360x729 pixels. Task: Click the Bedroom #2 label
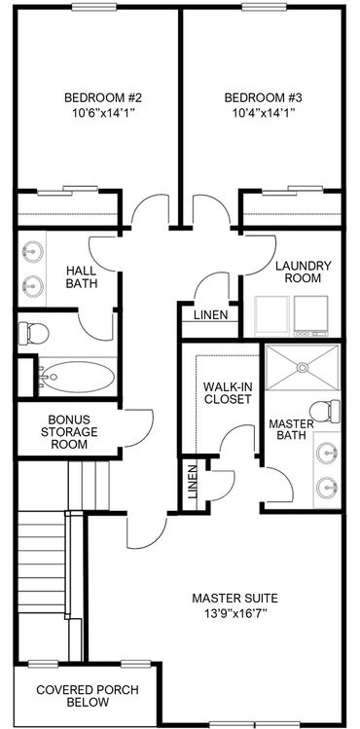(x=103, y=98)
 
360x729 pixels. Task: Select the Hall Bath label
(x=82, y=277)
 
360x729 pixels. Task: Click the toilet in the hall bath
(x=33, y=333)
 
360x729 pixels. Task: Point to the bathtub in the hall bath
(x=77, y=377)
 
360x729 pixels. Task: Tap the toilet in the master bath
(x=324, y=411)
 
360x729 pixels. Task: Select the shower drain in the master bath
(x=303, y=367)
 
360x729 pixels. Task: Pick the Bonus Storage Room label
(x=69, y=432)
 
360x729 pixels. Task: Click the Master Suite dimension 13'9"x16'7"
(x=235, y=612)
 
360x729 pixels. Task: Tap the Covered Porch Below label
(x=88, y=696)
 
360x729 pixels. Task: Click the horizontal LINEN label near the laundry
(x=211, y=314)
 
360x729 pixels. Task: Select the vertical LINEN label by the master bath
(x=194, y=482)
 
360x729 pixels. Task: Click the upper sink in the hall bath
(x=32, y=252)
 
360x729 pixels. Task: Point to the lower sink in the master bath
(x=327, y=488)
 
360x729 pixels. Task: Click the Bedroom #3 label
(x=264, y=98)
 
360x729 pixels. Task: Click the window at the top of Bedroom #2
(x=93, y=7)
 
